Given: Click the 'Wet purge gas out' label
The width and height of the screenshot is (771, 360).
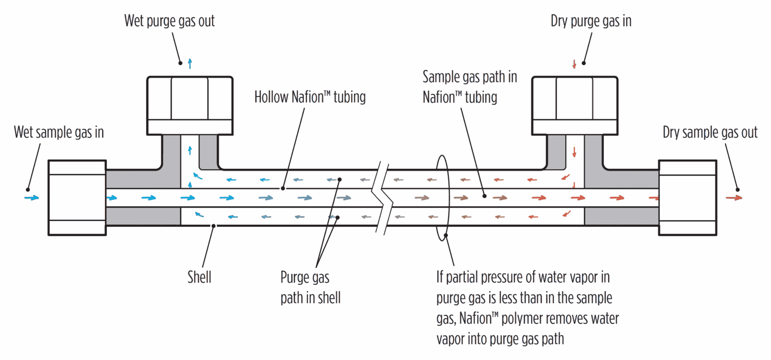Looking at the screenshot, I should (169, 21).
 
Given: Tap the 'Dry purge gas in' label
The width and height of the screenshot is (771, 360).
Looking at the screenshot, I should (591, 21).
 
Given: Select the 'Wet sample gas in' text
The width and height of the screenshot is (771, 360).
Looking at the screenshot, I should (59, 132).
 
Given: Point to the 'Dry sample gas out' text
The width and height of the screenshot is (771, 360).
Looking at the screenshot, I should (710, 132).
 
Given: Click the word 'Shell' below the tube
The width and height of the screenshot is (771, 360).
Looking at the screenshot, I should (199, 277).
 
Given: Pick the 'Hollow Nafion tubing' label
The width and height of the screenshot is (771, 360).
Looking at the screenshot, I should (310, 97).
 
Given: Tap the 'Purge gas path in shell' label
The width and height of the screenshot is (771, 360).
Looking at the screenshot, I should (310, 288).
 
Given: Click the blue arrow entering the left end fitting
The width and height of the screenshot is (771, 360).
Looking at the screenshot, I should (32, 198).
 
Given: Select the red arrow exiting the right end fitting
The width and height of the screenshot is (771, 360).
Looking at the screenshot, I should (734, 198).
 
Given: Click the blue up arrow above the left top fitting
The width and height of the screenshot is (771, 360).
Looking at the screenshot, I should (190, 63).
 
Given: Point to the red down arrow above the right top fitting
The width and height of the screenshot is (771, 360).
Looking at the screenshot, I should (574, 64).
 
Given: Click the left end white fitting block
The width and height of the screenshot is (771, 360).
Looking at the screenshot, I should (77, 198).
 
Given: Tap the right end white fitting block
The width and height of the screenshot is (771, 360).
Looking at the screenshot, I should (687, 198).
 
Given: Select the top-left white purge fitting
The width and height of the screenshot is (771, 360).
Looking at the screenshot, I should (190, 105).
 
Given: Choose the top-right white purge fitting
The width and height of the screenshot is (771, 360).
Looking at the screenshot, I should (575, 105).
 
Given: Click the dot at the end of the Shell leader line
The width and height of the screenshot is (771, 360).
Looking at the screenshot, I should (214, 226).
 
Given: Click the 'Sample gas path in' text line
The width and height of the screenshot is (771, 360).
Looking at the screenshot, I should (469, 77).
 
